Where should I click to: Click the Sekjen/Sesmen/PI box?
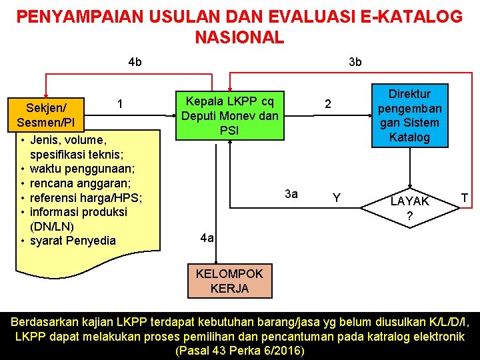pos(46,115)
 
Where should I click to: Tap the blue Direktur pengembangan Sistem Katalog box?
pos(409,115)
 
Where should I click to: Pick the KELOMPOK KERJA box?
pos(229,281)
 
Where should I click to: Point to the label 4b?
pos(135,62)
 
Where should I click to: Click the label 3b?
pos(355,62)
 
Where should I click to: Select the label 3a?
pos(291,194)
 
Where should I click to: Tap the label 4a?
pos(207,238)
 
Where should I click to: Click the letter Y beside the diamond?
pos(337,198)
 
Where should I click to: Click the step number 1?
pos(119,103)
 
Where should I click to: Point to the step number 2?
pos(327,105)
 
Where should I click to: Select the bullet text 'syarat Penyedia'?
pos(73,241)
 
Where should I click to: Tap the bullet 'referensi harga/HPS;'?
pos(86,197)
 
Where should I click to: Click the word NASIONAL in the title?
pos(239,37)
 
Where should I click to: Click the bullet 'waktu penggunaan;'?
pos(83,169)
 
